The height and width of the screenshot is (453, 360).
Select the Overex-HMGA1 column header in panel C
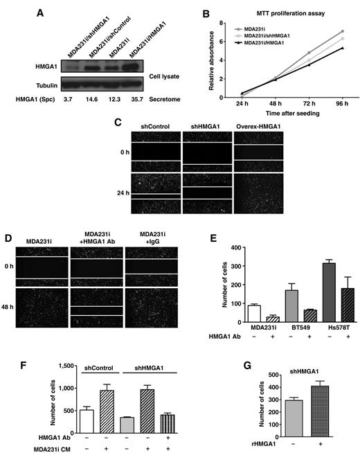tap(261, 125)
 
